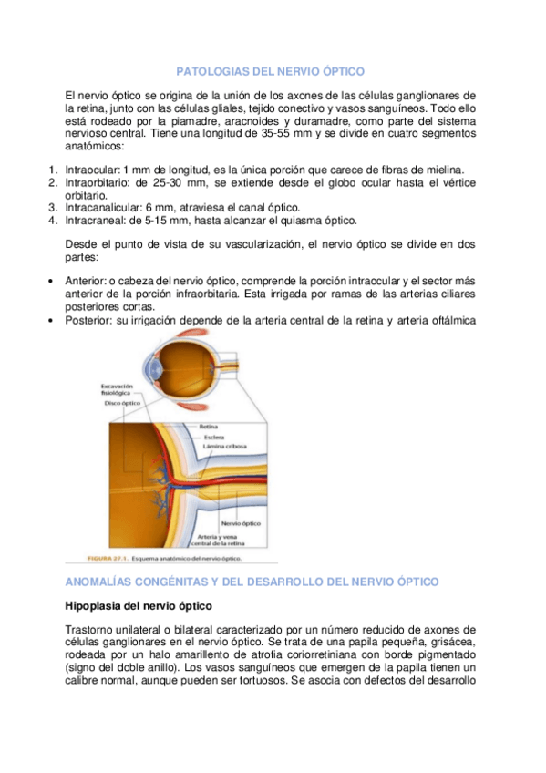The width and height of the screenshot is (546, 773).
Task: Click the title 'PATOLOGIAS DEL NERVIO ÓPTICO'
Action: pyautogui.click(x=269, y=70)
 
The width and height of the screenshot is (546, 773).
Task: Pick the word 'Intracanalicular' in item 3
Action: pyautogui.click(x=102, y=208)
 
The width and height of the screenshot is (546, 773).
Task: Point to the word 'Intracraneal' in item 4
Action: pyautogui.click(x=96, y=221)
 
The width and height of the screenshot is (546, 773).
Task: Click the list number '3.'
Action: pyautogui.click(x=52, y=208)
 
